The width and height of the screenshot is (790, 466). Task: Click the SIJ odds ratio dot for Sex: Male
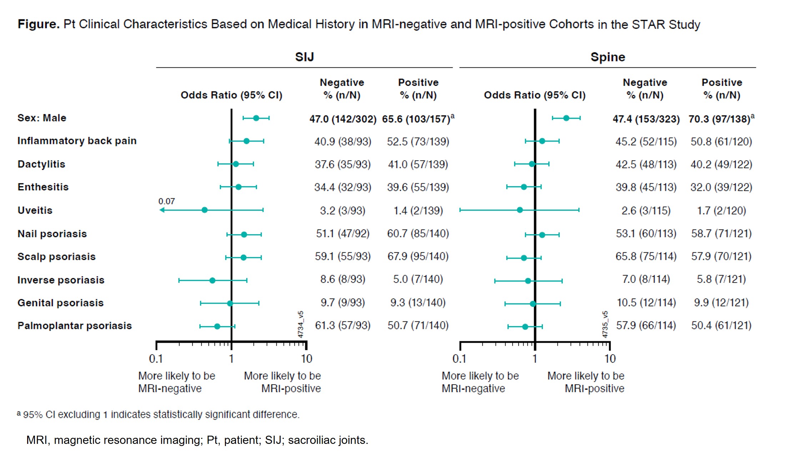256,118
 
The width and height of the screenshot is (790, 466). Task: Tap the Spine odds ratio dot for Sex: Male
566,118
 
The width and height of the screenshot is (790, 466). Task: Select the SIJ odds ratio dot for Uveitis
205,210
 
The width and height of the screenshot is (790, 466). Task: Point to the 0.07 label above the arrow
166,201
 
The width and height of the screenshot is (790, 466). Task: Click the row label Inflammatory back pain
77,141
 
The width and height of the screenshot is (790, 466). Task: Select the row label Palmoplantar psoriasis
75,326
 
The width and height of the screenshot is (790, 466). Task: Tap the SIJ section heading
304,57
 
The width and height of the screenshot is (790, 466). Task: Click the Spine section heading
608,57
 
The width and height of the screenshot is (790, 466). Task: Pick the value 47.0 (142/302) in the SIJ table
343,119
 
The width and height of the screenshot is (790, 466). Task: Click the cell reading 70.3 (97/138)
719,119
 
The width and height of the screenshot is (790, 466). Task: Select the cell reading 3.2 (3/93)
342,211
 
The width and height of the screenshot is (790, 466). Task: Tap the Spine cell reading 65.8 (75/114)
646,257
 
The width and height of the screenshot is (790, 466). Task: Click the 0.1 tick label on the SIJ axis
156,359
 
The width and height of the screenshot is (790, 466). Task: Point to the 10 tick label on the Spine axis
610,359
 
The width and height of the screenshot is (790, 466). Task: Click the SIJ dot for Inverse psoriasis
212,280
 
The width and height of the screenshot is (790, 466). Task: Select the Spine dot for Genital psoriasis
533,304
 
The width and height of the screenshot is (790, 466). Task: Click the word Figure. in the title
39,24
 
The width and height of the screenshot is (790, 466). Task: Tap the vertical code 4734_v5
301,324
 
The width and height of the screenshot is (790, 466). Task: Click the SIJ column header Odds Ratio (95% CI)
231,95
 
